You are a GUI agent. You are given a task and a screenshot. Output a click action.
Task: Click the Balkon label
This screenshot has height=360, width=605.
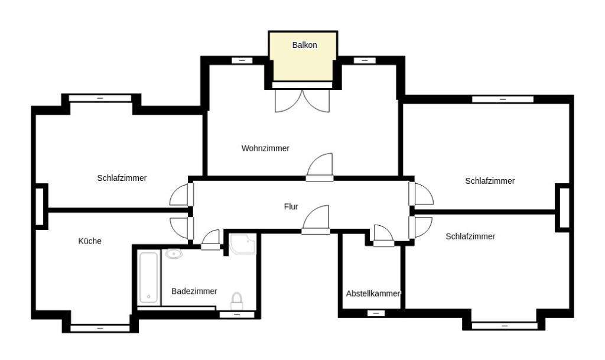click(x=305, y=45)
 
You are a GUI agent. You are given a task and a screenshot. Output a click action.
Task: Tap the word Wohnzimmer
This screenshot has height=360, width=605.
click(x=265, y=148)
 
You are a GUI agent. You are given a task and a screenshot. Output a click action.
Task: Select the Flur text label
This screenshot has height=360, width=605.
click(x=291, y=207)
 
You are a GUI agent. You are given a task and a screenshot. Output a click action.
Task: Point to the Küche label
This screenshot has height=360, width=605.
click(x=90, y=241)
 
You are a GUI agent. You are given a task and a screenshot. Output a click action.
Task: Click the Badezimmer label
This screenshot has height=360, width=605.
click(x=194, y=291)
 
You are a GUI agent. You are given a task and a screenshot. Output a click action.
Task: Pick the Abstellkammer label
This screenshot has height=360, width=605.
click(x=373, y=294)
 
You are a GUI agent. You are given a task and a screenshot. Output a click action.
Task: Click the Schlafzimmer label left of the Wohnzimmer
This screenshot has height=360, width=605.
click(x=122, y=178)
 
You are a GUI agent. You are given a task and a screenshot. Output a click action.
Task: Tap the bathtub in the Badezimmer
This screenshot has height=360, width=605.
click(x=148, y=278)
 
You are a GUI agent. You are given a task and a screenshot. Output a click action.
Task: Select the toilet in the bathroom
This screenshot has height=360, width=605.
click(x=237, y=300)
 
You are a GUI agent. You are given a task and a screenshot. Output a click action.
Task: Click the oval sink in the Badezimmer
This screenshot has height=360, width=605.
click(x=174, y=255)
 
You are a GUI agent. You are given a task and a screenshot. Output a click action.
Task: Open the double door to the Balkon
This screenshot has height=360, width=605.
click(x=302, y=99)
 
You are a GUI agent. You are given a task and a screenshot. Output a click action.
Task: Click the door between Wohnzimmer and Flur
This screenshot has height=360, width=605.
click(x=320, y=167)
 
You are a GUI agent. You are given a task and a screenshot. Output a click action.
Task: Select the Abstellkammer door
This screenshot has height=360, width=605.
click(x=383, y=235)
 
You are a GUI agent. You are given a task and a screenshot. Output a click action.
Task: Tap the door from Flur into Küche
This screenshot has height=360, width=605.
click(x=181, y=227)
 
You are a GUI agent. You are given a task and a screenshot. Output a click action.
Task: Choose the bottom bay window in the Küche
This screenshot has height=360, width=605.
click(x=100, y=327)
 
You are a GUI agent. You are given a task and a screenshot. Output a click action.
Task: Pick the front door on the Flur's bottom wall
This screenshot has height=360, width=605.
click(x=315, y=220)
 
